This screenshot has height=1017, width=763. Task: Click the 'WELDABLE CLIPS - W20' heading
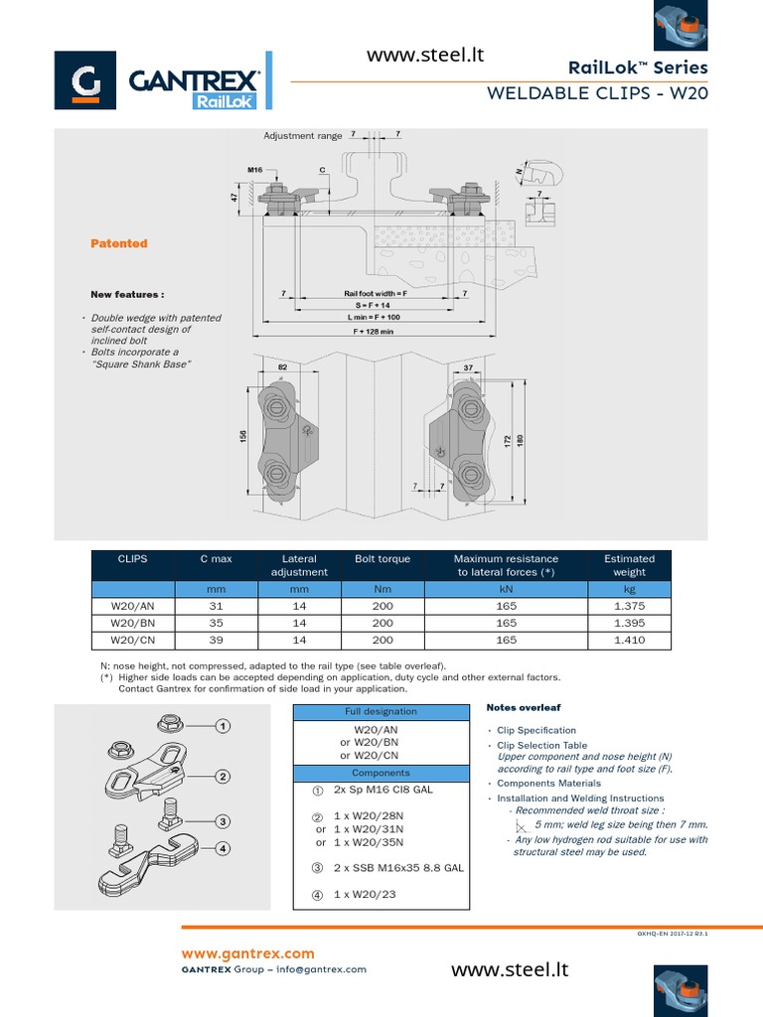coord(597,94)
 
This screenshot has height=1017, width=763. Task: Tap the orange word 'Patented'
coord(119,243)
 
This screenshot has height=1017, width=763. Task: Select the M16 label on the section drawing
coord(254,170)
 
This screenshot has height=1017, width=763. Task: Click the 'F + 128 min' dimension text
coord(374,332)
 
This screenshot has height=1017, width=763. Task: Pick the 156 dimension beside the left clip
coord(243,438)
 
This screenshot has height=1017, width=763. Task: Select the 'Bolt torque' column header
coord(382,559)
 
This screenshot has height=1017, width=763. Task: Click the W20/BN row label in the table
coord(132,623)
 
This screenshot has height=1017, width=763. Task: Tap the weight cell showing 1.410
coord(629,641)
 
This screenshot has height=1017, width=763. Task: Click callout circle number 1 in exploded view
coord(224,727)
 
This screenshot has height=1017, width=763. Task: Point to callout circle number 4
coord(224,848)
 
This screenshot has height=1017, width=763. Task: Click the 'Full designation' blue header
coord(381,712)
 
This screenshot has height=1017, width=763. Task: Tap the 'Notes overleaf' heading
coord(524,707)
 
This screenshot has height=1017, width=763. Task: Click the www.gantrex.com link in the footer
coord(246,953)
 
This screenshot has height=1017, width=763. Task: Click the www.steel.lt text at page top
coord(424,56)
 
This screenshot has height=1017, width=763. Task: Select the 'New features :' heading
coord(127,295)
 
